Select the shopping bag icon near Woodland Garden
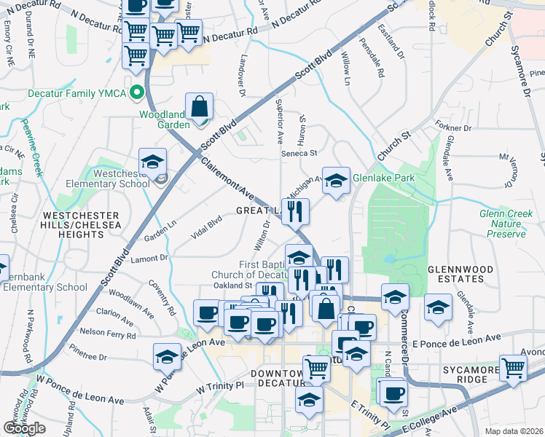[x=199, y=108]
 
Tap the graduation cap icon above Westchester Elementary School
[x=153, y=162]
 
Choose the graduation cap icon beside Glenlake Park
[x=336, y=182]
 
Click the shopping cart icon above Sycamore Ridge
[x=513, y=369]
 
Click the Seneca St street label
[x=300, y=153]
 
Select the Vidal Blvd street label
[x=206, y=227]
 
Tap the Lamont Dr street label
[x=149, y=257]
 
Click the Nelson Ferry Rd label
[x=105, y=331]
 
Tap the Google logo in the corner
[x=24, y=428]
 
